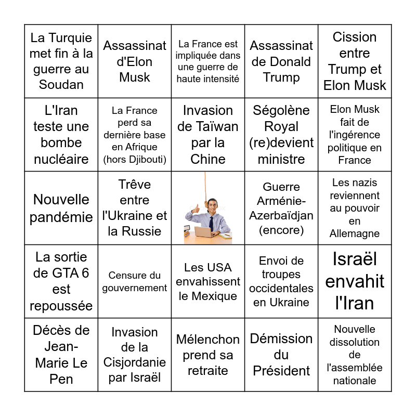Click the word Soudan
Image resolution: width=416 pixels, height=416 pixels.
tap(61, 85)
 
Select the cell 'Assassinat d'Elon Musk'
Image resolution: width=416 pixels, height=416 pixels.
tap(135, 61)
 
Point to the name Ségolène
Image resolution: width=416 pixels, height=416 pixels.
tap(281, 110)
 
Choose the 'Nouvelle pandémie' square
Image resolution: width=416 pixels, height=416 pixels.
tap(61, 208)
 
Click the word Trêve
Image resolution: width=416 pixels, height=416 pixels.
tap(135, 184)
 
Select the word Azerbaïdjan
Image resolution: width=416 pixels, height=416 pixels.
tap(281, 215)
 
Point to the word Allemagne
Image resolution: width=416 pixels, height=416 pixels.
tap(355, 233)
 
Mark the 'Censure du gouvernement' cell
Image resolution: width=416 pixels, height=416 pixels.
tap(135, 281)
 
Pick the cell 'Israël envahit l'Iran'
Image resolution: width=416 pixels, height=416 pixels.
tap(355, 281)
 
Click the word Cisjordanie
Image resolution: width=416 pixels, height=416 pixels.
tap(135, 362)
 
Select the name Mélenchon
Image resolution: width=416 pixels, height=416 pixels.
tap(208, 340)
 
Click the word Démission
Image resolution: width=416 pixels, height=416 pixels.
tap(281, 339)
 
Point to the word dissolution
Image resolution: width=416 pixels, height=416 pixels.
tap(355, 342)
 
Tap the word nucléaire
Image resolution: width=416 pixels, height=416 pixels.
tap(61, 159)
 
